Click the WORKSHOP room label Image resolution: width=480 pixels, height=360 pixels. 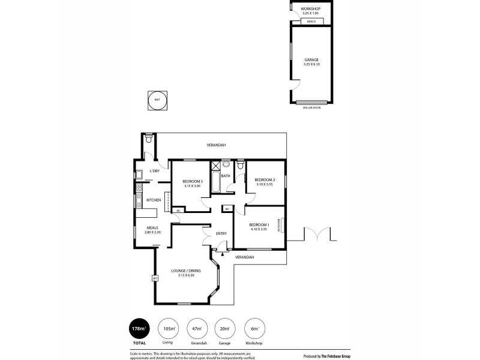311,8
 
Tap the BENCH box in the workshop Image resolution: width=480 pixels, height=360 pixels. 311,22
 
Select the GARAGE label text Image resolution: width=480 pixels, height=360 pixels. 311,59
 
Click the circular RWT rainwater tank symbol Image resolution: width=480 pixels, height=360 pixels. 157,100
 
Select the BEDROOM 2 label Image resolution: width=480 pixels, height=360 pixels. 265,179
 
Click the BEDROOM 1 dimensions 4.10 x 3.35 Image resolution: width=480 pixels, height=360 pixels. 259,230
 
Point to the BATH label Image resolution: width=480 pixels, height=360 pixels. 226,176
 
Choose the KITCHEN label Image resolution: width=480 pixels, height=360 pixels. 154,200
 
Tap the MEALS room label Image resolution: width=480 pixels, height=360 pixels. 153,227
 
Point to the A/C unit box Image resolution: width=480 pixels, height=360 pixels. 154,278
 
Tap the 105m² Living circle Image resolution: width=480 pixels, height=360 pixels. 169,329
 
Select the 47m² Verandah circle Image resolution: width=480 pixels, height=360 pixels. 197,329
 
